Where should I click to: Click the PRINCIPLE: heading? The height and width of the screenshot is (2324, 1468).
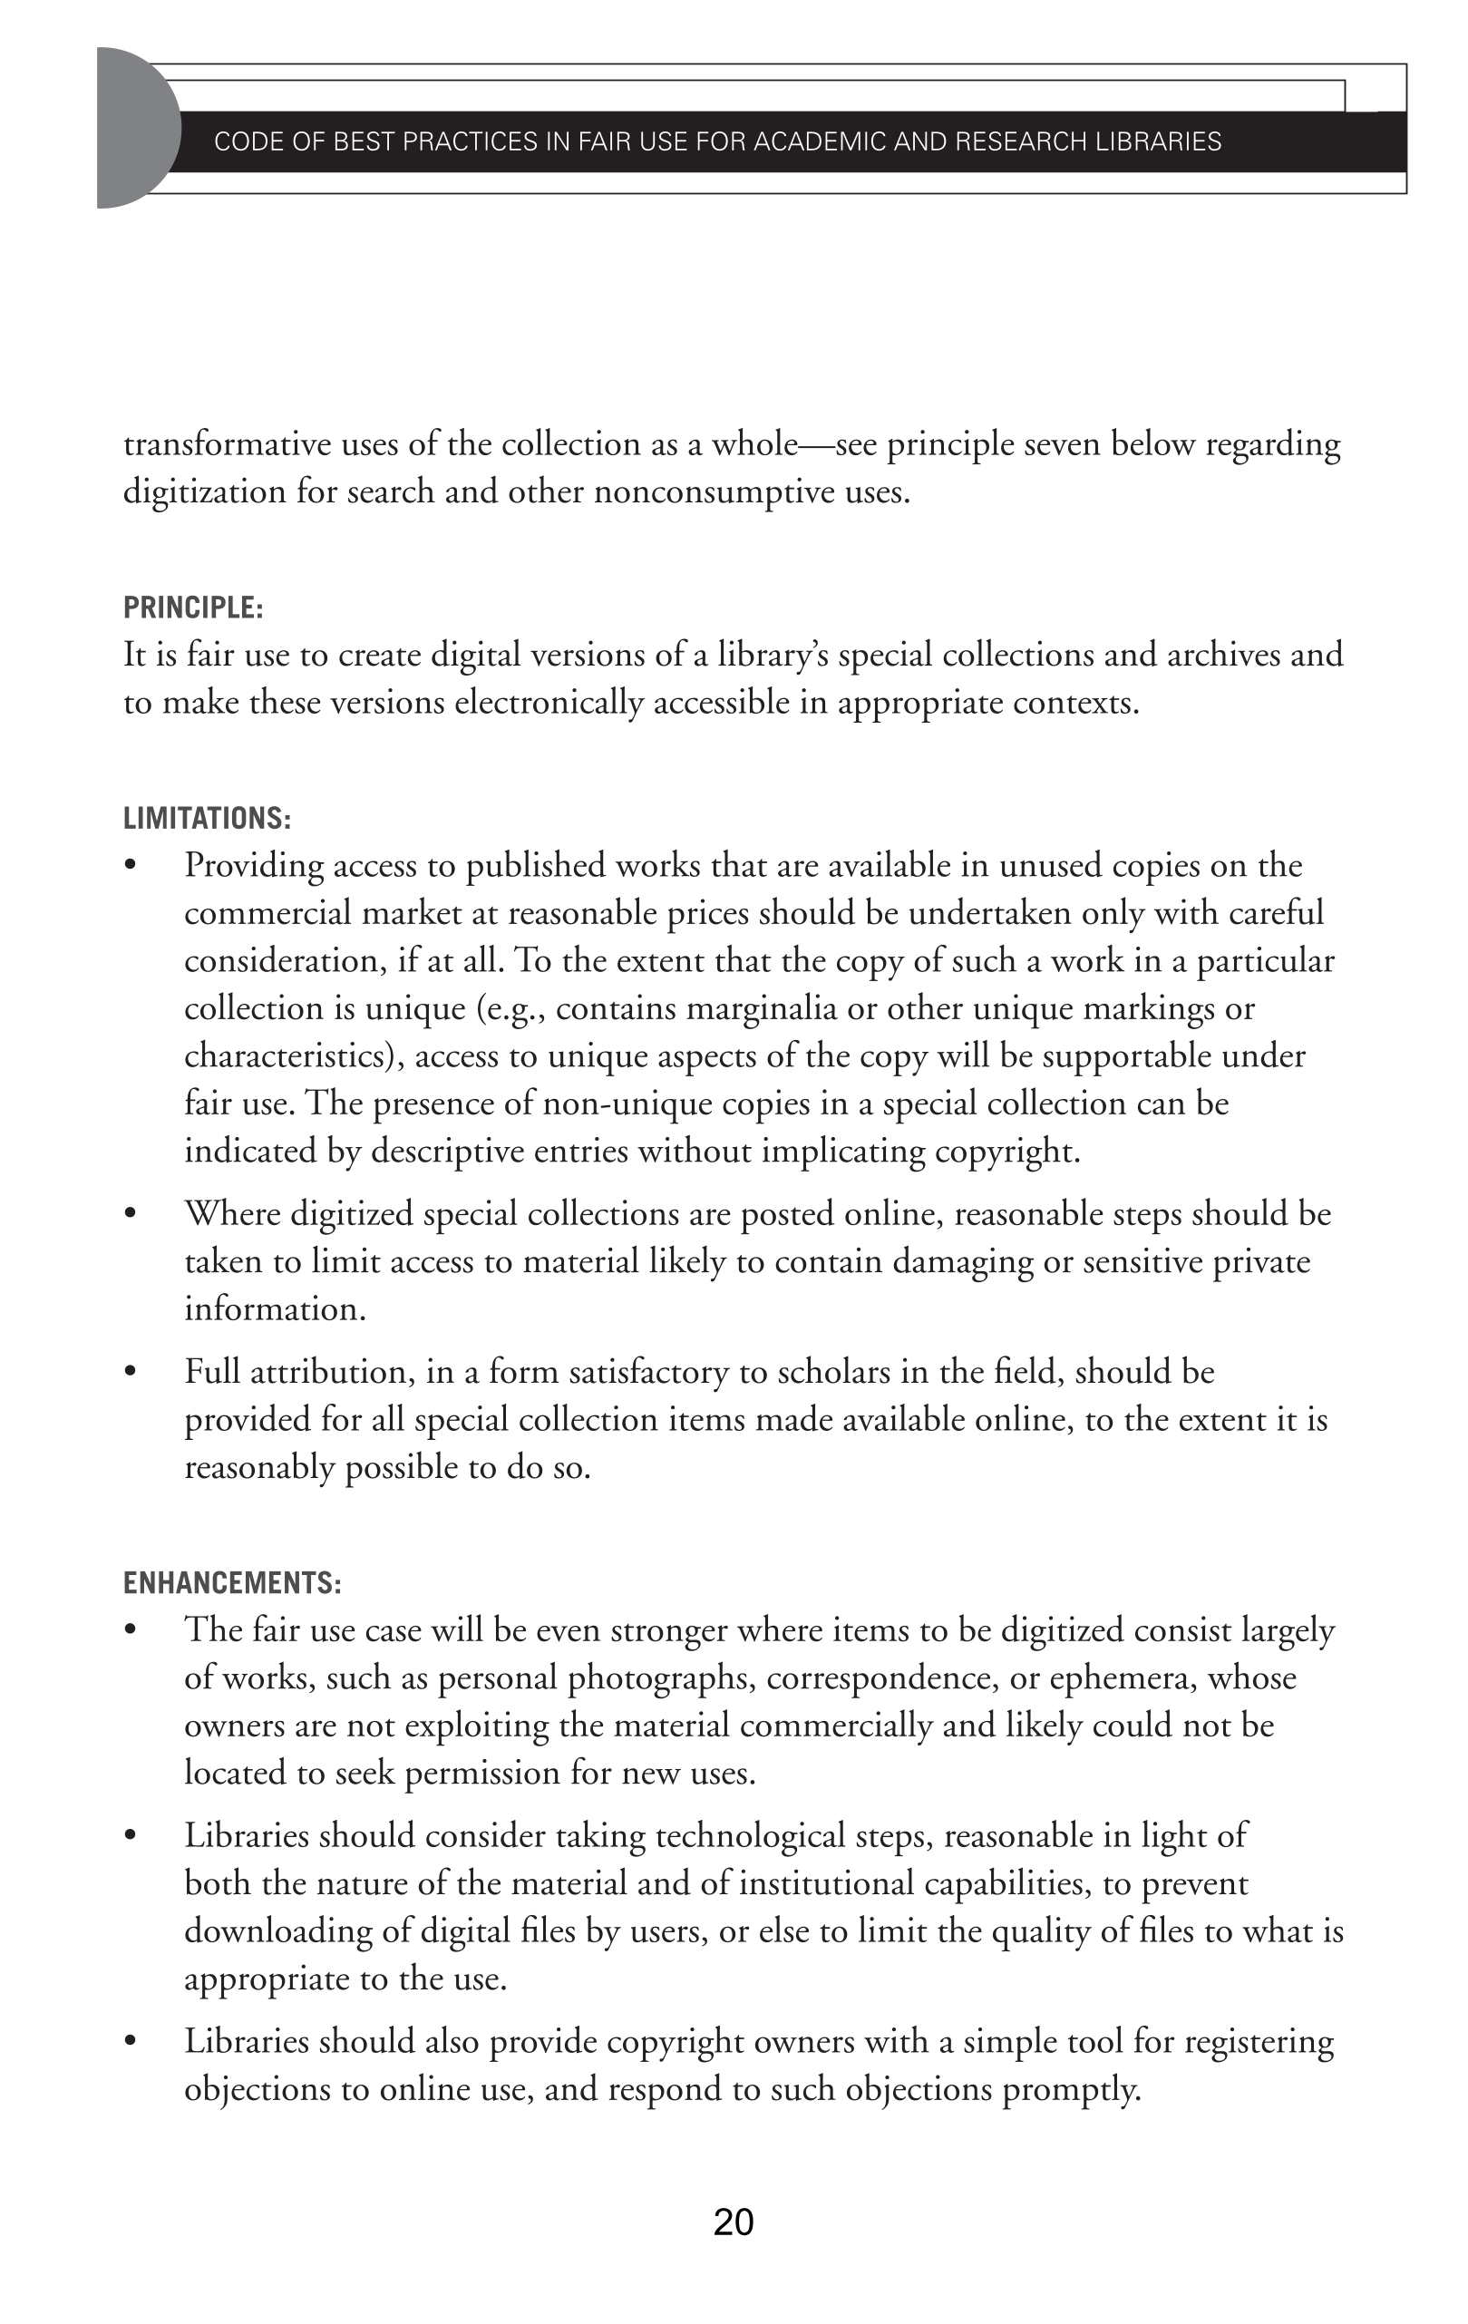193,608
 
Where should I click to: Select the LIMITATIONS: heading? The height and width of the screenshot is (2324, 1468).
207,819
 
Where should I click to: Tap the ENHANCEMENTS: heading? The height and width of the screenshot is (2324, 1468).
231,1583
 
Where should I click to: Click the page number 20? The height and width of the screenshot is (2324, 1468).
734,2221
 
